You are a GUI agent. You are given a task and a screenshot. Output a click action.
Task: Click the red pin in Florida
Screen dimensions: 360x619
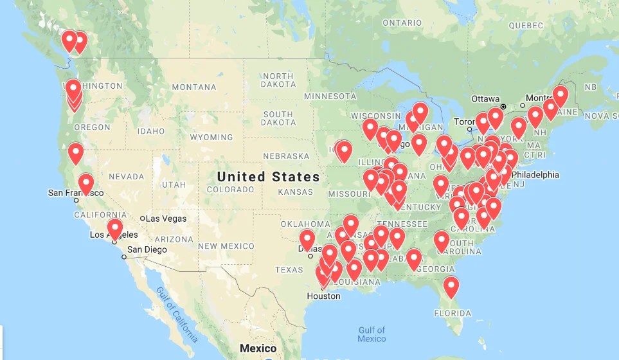[x=451, y=286]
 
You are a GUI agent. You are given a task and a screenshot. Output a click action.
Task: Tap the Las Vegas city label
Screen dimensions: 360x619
[x=166, y=219]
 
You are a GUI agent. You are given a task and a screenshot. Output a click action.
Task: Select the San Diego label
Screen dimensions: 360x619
[x=147, y=250]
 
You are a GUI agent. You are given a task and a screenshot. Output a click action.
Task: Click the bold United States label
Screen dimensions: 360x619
[x=268, y=177]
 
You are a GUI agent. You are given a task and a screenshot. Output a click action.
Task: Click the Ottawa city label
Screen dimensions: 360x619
[x=485, y=99]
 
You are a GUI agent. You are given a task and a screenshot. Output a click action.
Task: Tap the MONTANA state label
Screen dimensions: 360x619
[x=194, y=87]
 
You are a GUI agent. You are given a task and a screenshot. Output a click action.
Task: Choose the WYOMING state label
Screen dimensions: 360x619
[x=211, y=138]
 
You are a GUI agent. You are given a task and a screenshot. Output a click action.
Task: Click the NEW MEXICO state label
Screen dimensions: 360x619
[x=226, y=246]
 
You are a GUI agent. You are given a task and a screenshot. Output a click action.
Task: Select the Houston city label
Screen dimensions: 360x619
[x=323, y=296]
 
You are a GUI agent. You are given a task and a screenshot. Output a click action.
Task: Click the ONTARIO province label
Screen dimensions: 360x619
[x=402, y=22]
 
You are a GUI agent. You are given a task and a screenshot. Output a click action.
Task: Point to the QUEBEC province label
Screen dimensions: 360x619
[x=526, y=26]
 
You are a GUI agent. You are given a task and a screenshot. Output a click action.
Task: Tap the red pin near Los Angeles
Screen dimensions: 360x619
[x=115, y=228]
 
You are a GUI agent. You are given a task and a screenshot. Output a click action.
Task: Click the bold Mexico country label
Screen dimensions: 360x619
[x=258, y=348]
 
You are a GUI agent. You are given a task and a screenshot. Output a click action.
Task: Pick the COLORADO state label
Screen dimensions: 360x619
[x=230, y=190]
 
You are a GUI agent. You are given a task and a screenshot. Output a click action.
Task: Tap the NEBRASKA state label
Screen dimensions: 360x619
[x=286, y=156]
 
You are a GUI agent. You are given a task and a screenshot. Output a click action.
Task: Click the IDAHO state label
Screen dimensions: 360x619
[x=151, y=131]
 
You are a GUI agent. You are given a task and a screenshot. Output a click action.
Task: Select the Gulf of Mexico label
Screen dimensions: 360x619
[x=372, y=334]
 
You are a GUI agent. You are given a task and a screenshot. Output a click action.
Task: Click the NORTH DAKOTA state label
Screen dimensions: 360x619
[x=278, y=80]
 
